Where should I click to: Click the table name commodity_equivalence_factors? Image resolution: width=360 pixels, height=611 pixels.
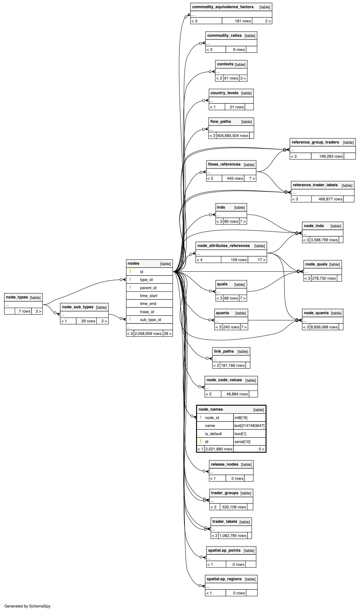(x=223, y=7)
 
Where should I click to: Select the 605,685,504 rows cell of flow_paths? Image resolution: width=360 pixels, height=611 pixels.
(x=233, y=136)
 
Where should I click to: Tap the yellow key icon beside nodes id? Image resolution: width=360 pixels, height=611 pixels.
(x=130, y=271)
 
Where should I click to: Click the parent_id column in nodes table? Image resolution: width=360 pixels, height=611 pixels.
(x=148, y=288)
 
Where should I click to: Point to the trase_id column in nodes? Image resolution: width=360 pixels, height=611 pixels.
(x=147, y=312)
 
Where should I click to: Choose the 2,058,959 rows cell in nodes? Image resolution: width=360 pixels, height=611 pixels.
(x=148, y=334)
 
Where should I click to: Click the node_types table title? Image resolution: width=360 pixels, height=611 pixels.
(x=17, y=297)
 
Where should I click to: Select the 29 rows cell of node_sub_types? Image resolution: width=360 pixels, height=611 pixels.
(x=88, y=321)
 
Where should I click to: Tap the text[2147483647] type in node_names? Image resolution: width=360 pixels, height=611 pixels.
(x=249, y=426)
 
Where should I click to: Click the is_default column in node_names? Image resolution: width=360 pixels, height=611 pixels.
(x=213, y=434)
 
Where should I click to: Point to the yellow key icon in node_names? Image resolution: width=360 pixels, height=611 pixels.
(x=201, y=441)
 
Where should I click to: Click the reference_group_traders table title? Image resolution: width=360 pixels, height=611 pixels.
(x=315, y=142)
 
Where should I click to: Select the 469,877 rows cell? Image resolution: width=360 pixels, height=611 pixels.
(x=330, y=199)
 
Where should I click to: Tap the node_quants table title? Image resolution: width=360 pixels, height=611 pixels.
(x=316, y=313)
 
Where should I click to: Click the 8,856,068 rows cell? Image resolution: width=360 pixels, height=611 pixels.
(x=324, y=327)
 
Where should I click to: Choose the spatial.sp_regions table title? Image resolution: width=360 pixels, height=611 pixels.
(x=224, y=579)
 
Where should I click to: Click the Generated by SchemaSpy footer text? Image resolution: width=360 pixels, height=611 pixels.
(x=27, y=606)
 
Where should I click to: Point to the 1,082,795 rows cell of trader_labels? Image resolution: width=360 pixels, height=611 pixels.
(x=233, y=536)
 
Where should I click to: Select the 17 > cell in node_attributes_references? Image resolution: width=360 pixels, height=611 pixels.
(x=261, y=260)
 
